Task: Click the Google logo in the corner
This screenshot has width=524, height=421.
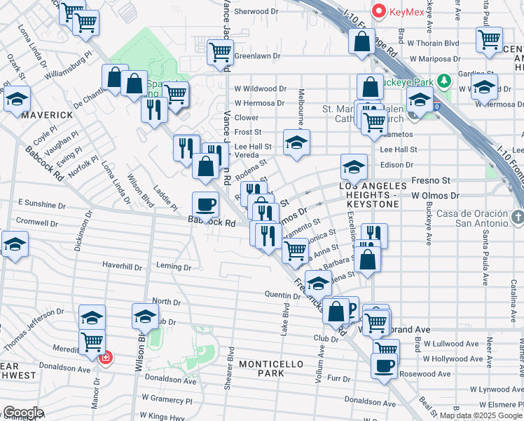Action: click(x=23, y=413)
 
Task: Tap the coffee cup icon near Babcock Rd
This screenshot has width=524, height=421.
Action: click(x=205, y=204)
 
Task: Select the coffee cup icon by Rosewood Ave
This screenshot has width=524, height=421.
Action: click(x=383, y=366)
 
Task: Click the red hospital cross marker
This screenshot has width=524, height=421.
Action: click(x=106, y=358)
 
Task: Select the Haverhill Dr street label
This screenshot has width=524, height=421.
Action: click(x=123, y=266)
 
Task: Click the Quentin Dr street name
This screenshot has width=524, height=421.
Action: click(x=282, y=295)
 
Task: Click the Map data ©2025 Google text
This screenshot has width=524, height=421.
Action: click(x=480, y=415)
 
